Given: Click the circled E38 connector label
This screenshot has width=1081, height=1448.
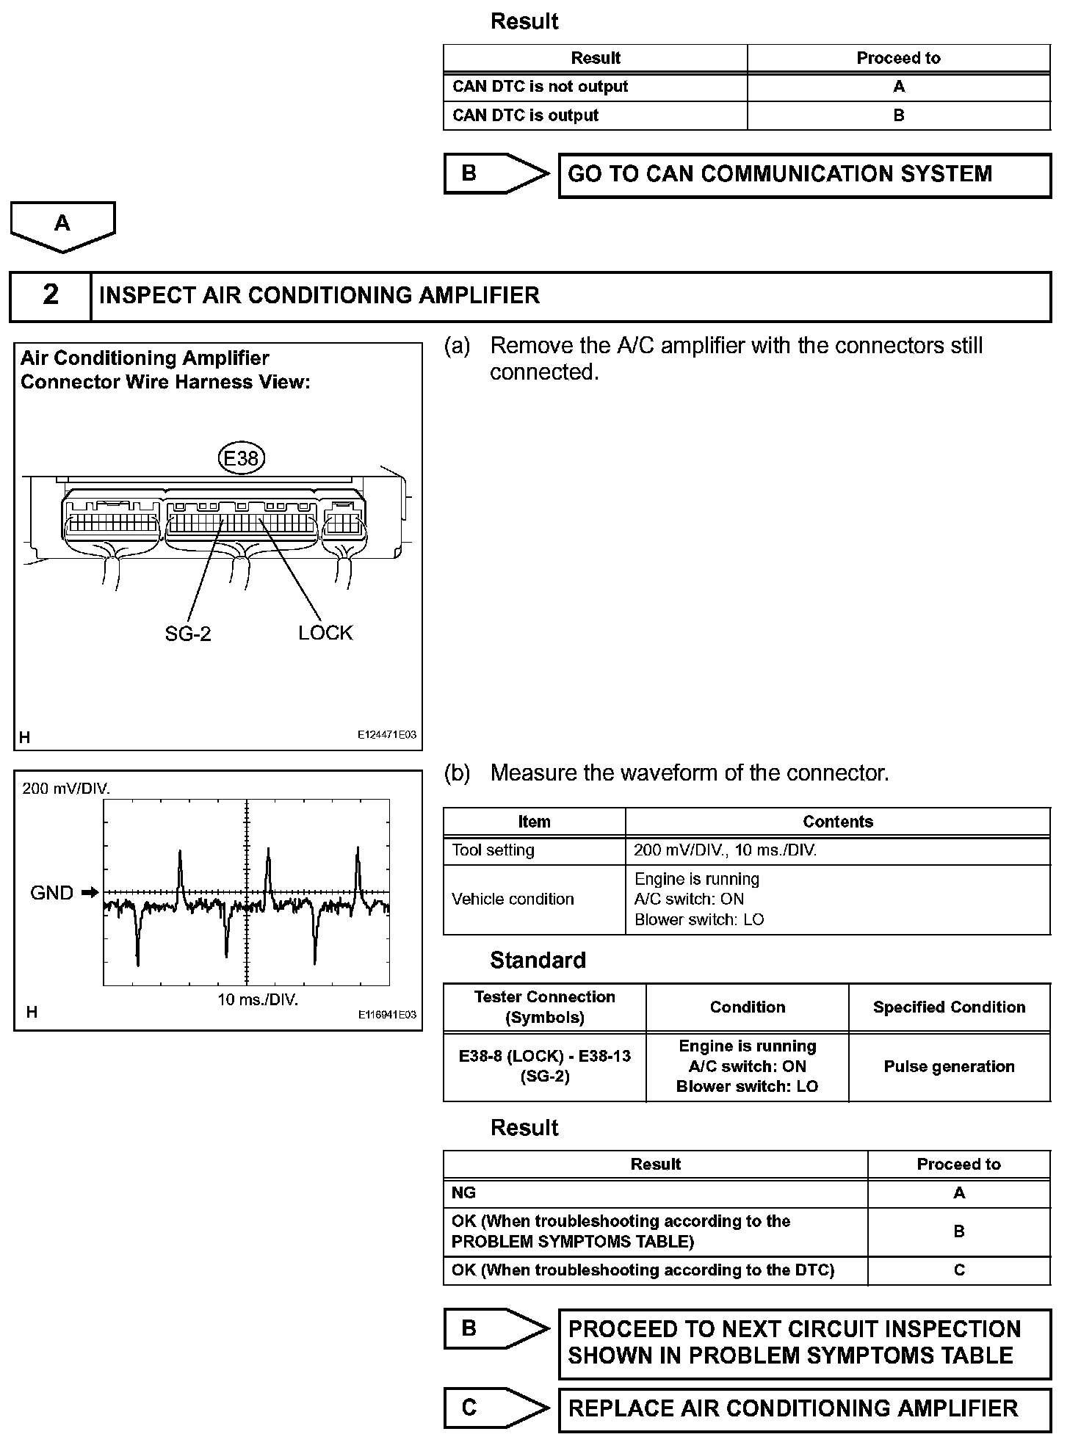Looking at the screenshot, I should click(241, 458).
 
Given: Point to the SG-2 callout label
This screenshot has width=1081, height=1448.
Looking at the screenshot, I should click(188, 634).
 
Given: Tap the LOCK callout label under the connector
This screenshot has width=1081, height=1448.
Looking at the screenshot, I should click(325, 632).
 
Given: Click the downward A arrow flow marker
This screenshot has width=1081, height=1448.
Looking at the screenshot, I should click(62, 225).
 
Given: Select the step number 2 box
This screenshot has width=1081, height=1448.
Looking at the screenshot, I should click(50, 295).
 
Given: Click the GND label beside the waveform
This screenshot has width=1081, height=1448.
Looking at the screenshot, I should click(51, 893).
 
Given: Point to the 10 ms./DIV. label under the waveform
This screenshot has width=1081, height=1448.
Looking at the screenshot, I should click(258, 999).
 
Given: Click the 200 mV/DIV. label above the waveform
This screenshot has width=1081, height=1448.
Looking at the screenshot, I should click(66, 789).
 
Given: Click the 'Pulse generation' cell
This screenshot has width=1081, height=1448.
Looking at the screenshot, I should click(949, 1066).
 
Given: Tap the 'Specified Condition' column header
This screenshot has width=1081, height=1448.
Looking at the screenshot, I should click(949, 1007).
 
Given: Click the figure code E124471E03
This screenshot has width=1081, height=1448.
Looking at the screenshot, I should click(387, 734).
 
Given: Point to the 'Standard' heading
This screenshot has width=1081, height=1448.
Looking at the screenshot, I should click(538, 960).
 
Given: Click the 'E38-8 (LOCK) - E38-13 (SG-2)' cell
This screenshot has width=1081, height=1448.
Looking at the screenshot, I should click(544, 1066).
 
